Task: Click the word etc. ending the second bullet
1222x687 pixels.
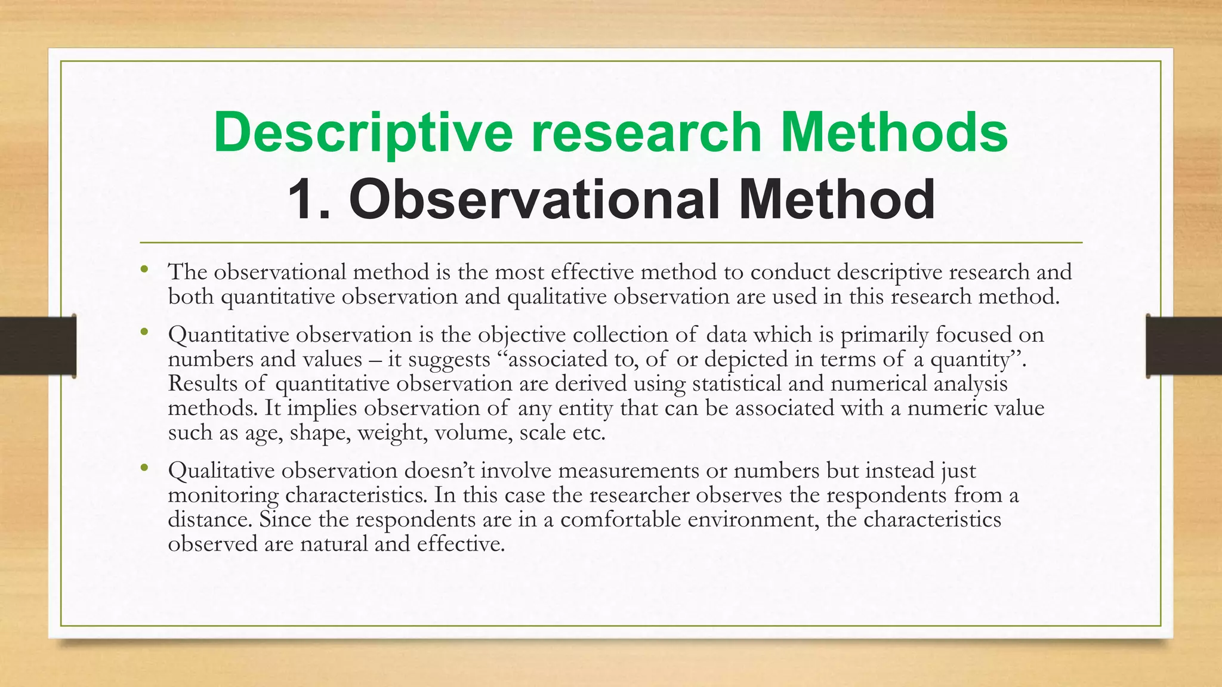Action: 588,433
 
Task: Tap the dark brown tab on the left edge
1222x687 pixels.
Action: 38,345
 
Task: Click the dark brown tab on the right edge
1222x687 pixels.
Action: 1184,345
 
